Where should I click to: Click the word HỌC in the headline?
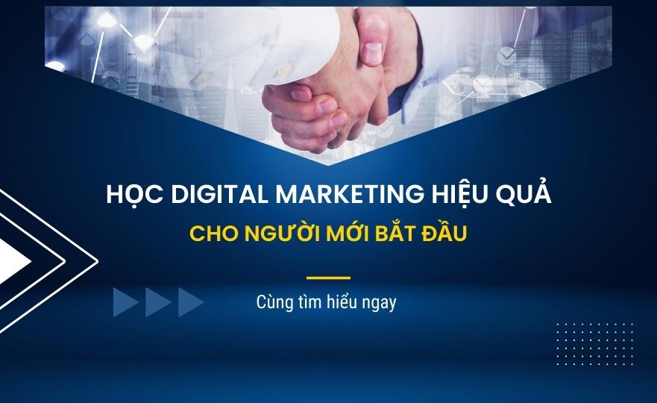tap(134, 195)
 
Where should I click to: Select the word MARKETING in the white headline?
tap(350, 194)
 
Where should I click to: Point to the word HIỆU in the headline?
tap(459, 195)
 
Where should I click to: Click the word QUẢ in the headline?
tap(524, 193)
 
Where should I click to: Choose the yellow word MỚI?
tap(348, 232)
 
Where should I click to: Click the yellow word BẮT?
tap(394, 232)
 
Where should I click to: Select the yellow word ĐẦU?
tap(444, 232)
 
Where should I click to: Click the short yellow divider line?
tap(328, 278)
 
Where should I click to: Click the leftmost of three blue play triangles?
tap(124, 302)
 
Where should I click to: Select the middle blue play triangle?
tap(157, 302)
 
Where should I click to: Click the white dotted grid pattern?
tap(595, 344)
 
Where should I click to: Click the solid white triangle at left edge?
tap(13, 262)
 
